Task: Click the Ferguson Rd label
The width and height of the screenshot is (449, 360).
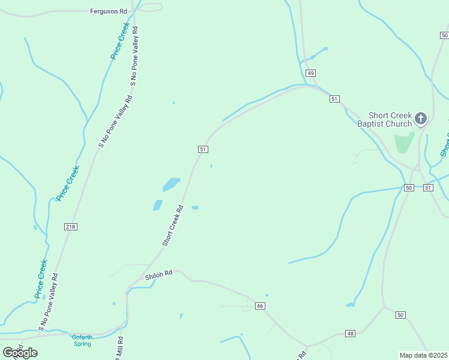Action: tap(109, 11)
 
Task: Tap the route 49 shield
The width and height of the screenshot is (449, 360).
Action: tap(310, 73)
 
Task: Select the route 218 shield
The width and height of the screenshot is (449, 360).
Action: tap(71, 226)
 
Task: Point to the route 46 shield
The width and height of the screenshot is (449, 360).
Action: tap(260, 306)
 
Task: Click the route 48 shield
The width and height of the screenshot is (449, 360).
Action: tap(351, 333)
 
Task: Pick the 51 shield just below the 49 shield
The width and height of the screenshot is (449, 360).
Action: tap(334, 98)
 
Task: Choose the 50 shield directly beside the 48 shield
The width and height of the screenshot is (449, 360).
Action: tap(400, 315)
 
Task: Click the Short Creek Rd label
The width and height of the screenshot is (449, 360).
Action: tap(172, 226)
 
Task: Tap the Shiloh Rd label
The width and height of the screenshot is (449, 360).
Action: tap(158, 275)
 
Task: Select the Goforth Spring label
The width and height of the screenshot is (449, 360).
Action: tap(82, 340)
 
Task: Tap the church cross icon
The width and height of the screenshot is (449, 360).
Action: tap(421, 119)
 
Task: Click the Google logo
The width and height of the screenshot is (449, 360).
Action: tap(20, 353)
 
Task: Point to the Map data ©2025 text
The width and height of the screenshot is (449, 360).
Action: tap(423, 355)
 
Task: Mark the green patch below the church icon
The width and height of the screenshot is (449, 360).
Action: tap(403, 142)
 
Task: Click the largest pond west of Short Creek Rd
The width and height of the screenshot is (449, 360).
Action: tap(171, 184)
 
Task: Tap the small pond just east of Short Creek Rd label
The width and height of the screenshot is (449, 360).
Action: tap(195, 208)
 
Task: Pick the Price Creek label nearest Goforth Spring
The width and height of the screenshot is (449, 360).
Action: tap(41, 278)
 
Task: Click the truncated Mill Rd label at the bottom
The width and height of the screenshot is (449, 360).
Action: tap(119, 348)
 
